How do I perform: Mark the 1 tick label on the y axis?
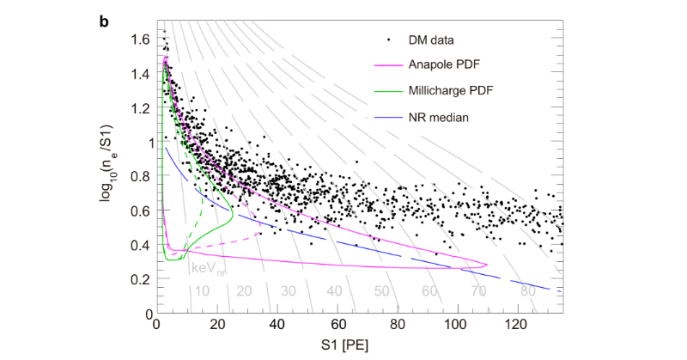pos(144,143)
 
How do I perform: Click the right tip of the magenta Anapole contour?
pos(487,264)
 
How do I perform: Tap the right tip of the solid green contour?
pos(234,217)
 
